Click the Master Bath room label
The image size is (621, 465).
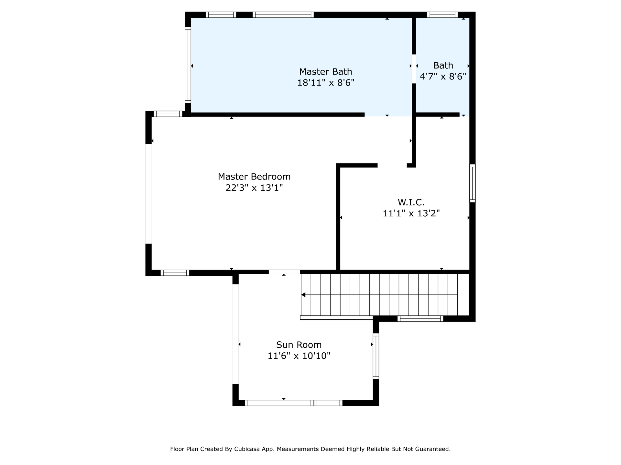click(x=325, y=72)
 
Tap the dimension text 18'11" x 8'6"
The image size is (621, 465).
click(x=326, y=83)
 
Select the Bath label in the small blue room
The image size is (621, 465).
click(x=443, y=66)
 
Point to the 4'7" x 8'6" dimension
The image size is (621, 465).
click(x=443, y=77)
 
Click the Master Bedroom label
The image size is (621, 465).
click(x=254, y=177)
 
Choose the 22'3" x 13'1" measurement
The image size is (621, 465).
click(x=254, y=188)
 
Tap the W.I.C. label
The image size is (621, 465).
click(x=411, y=202)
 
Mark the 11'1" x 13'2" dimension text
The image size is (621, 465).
click(x=411, y=213)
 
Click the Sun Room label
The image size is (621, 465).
click(x=299, y=345)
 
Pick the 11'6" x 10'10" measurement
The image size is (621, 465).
click(x=299, y=356)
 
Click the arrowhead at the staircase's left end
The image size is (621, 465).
click(x=303, y=295)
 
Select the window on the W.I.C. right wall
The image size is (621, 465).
click(x=473, y=183)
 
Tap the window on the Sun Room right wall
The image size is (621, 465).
click(x=376, y=356)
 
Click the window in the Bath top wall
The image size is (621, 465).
click(x=442, y=15)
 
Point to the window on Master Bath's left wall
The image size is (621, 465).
click(x=188, y=66)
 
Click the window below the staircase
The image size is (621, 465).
click(x=420, y=319)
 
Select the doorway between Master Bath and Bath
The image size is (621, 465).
click(x=414, y=69)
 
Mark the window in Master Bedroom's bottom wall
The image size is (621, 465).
click(x=175, y=273)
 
